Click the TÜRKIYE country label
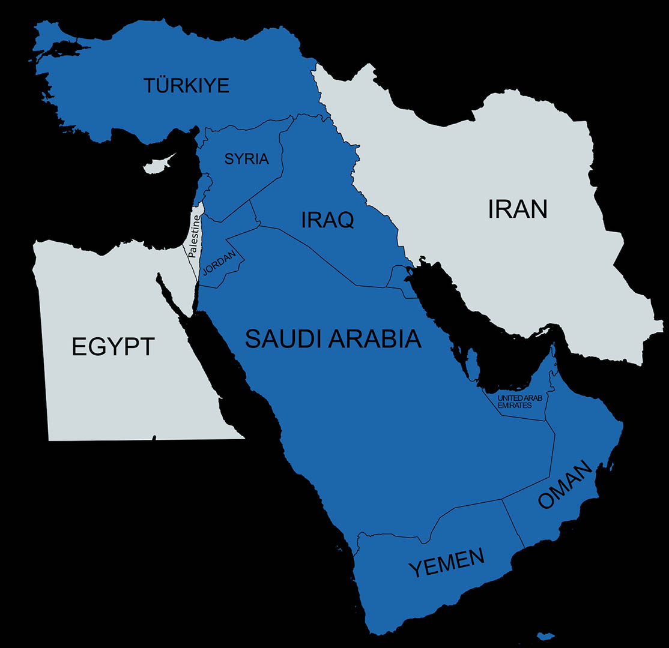click(x=186, y=85)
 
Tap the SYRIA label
click(x=246, y=159)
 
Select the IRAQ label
click(x=327, y=220)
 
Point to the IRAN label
click(x=517, y=209)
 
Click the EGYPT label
click(x=113, y=346)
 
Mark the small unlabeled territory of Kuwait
click(x=398, y=276)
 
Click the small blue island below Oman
click(x=545, y=636)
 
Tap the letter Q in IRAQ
click(x=344, y=220)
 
